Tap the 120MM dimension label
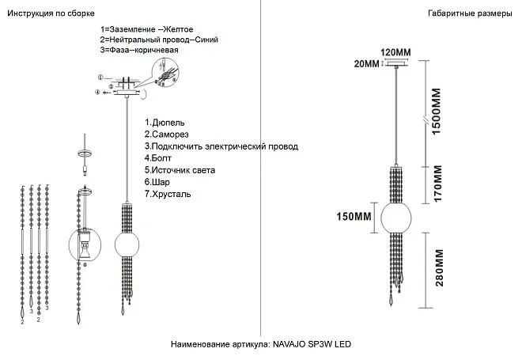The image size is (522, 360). [x=396, y=53]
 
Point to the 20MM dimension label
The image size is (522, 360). [x=367, y=64]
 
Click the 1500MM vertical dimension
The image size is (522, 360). [x=435, y=112]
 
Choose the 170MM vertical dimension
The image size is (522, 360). [x=435, y=184]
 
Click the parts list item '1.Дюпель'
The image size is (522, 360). [x=165, y=123]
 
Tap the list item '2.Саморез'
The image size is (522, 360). [x=169, y=135]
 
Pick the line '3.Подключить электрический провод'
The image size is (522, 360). [x=221, y=146]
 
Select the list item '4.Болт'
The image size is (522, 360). [x=158, y=158]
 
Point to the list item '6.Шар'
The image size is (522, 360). [x=157, y=182]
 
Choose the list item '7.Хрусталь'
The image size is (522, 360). [x=168, y=194]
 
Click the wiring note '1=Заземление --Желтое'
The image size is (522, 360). [x=146, y=29]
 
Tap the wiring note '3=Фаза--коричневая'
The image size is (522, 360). [x=139, y=50]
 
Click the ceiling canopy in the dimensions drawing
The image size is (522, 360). [x=395, y=66]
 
